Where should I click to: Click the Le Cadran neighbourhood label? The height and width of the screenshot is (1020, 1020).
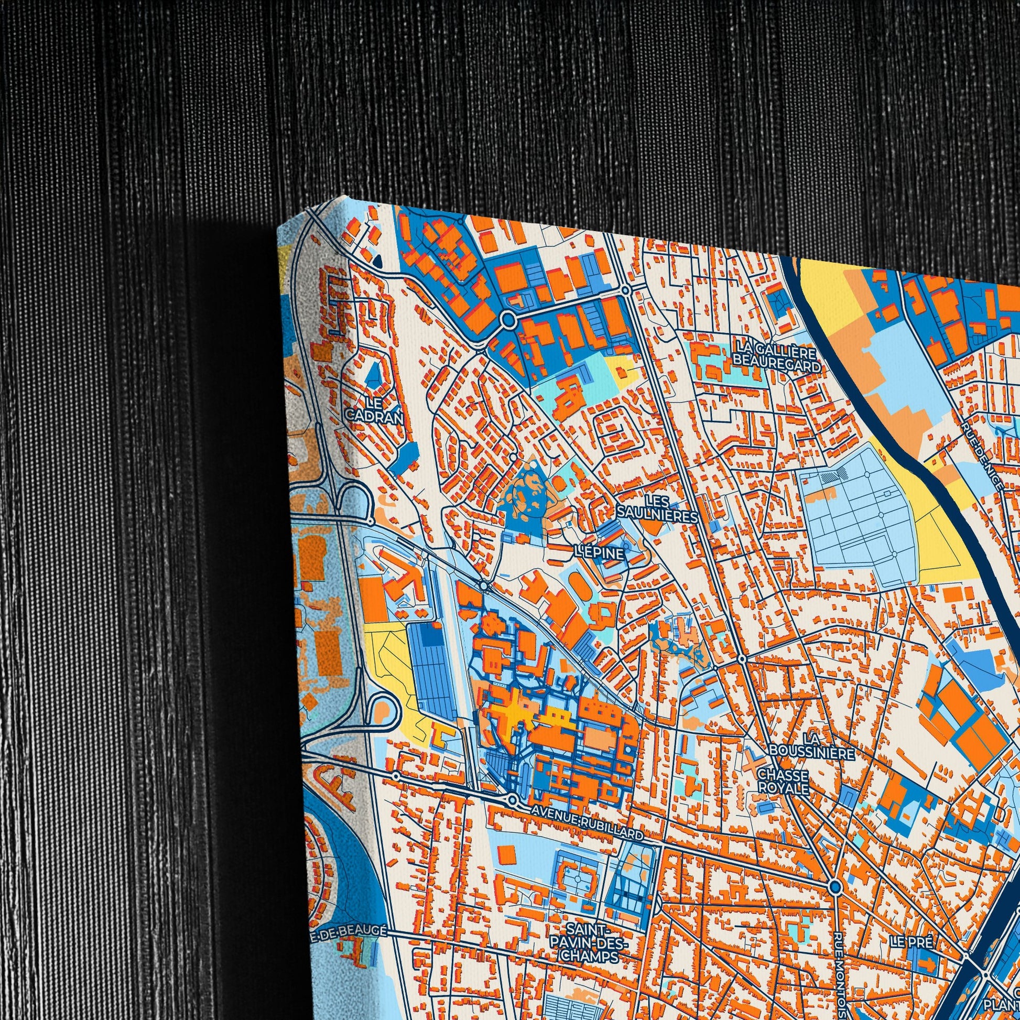pos(374,409)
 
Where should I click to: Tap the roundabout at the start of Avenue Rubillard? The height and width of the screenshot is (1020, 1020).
pos(512,800)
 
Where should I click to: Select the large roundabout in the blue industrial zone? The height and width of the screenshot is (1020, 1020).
pos(508,319)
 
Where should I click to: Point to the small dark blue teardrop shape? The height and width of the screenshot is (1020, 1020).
pos(377,260)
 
